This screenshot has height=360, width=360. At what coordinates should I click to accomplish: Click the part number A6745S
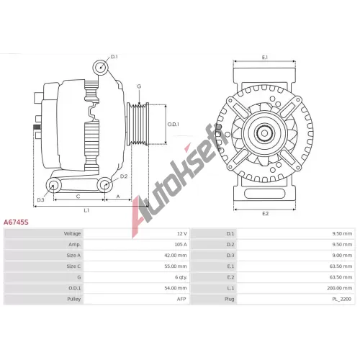point(16,222)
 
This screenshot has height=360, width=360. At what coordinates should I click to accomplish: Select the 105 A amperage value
point(181,244)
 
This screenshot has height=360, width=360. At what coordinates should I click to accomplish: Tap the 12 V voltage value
point(182,233)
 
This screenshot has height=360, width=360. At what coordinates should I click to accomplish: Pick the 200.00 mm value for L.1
point(340,288)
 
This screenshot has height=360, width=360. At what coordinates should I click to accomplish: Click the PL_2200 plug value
point(342,299)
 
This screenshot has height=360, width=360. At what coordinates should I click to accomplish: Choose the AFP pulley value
point(181,299)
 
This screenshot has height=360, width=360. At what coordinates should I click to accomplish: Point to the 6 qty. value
point(181,277)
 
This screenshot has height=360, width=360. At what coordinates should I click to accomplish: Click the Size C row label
point(73,266)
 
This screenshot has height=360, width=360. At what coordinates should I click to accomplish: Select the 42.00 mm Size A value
point(176,256)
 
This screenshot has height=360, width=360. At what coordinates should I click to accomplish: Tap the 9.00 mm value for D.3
point(342,256)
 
